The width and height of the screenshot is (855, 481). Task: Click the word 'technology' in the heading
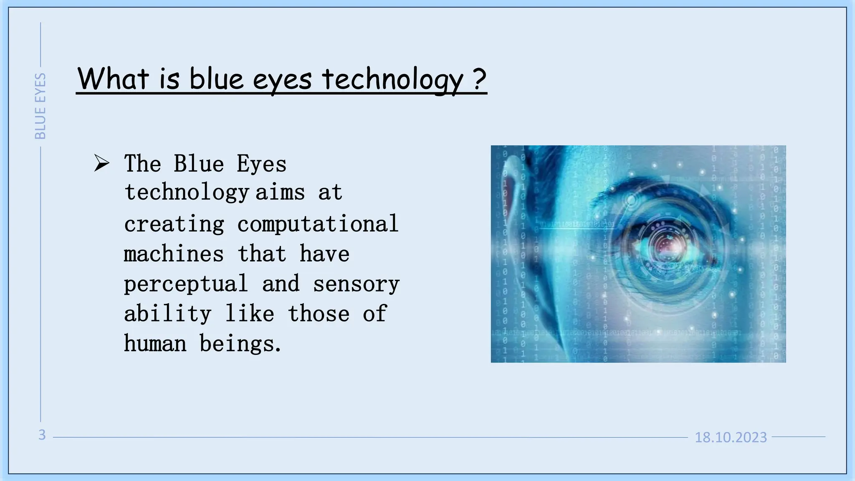pyautogui.click(x=393, y=79)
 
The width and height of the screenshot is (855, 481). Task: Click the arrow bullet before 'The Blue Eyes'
pyautogui.click(x=101, y=163)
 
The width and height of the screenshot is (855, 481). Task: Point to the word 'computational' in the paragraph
pyautogui.click(x=318, y=224)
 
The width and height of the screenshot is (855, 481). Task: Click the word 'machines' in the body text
pyautogui.click(x=174, y=254)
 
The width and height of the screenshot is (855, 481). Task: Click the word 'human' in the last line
pyautogui.click(x=155, y=344)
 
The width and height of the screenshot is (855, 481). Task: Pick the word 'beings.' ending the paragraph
pyautogui.click(x=240, y=344)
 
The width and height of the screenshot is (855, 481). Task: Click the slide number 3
pyautogui.click(x=42, y=435)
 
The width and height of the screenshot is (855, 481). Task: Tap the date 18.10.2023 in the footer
pyautogui.click(x=731, y=437)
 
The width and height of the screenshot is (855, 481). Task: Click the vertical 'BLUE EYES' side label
pyautogui.click(x=40, y=106)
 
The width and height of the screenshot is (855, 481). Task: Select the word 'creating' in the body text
pyautogui.click(x=174, y=224)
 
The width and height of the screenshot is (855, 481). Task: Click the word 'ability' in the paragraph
pyautogui.click(x=167, y=314)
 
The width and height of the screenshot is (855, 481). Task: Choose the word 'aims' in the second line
pyautogui.click(x=280, y=192)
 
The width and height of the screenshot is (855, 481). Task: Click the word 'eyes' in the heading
pyautogui.click(x=282, y=79)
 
